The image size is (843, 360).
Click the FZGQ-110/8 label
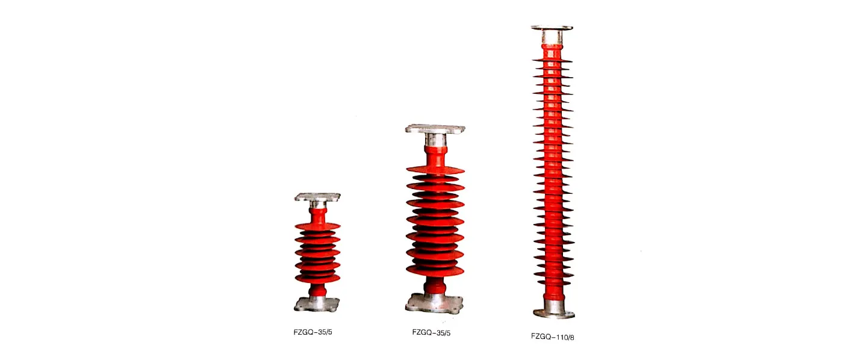click(x=553, y=337)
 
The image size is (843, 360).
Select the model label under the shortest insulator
click(x=313, y=332)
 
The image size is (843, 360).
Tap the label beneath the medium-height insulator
click(x=431, y=332)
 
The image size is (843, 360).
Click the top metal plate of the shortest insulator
click(x=318, y=197)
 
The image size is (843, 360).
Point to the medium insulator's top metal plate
click(x=435, y=129)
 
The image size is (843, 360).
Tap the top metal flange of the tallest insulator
click(x=552, y=28)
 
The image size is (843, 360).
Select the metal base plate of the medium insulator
click(x=434, y=303)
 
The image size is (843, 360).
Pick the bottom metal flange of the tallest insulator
click(x=554, y=312)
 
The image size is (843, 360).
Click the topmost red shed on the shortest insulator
click(x=318, y=226)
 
